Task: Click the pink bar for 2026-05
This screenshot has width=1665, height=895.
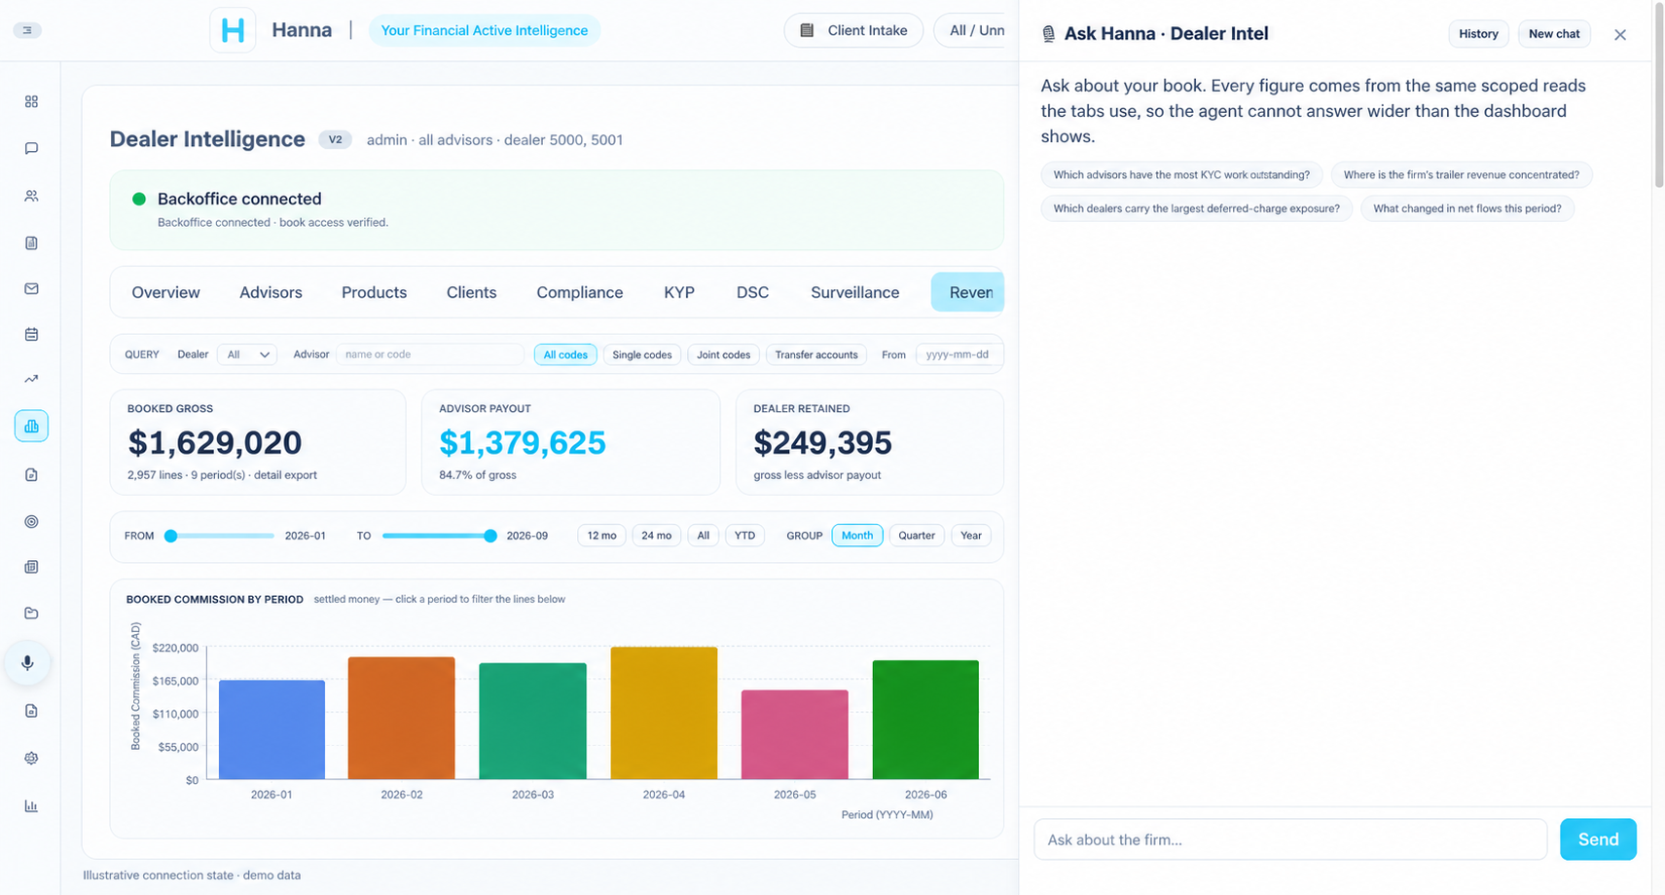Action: [x=795, y=734]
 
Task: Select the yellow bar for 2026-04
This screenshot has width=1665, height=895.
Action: [x=664, y=713]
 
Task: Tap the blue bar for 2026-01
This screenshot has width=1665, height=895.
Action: [x=271, y=729]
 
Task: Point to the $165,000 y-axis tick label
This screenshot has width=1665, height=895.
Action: [x=175, y=681]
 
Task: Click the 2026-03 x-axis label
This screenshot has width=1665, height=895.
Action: [x=533, y=795]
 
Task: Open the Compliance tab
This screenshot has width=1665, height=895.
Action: [x=580, y=292]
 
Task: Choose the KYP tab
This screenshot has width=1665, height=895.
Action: [x=679, y=292]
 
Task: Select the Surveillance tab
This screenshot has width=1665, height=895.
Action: [x=854, y=292]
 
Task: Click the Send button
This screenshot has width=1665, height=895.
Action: [x=1598, y=839]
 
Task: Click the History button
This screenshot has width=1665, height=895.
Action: [x=1478, y=33]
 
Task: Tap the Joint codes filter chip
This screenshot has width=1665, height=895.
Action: [x=723, y=354]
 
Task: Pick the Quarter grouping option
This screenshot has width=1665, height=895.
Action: [x=917, y=536]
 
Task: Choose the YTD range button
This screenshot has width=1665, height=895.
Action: [x=744, y=536]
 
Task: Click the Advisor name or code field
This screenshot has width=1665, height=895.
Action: [x=429, y=354]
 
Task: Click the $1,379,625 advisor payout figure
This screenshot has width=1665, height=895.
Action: [x=523, y=443]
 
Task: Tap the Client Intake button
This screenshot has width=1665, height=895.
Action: [x=853, y=30]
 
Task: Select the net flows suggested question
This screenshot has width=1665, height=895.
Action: [x=1466, y=208]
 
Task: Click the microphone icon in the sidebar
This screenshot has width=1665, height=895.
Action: [x=27, y=663]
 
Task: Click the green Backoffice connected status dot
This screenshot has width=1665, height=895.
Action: [x=139, y=199]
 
